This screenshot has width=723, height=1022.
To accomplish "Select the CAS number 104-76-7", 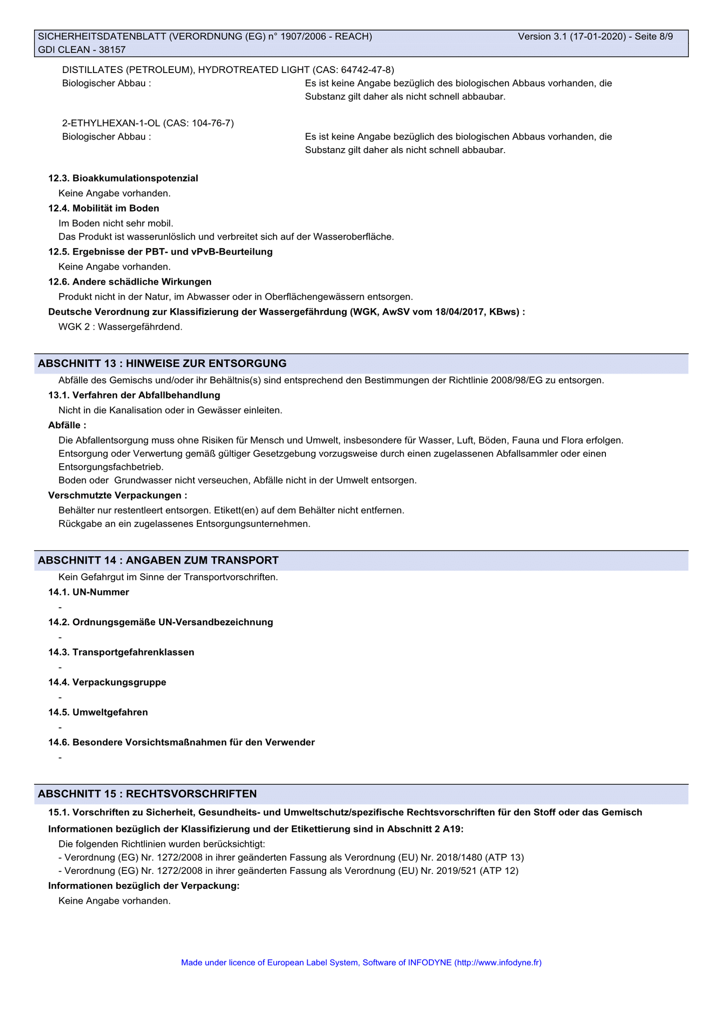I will [x=211, y=123].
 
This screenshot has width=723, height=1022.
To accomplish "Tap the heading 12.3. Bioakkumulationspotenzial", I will [x=123, y=178].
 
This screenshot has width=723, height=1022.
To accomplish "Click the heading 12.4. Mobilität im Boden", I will [x=104, y=208].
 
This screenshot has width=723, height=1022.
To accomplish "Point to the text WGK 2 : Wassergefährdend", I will [x=121, y=327].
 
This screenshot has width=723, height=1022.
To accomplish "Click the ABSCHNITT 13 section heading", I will [x=162, y=363].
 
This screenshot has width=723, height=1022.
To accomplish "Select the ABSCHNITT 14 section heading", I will [x=158, y=560].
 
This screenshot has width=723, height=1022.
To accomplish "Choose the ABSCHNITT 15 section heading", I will [x=147, y=794].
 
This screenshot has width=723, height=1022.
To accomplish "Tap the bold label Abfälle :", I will [x=67, y=425].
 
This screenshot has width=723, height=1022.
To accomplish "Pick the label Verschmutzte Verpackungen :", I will [x=118, y=495].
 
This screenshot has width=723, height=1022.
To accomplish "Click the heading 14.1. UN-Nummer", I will [x=89, y=592].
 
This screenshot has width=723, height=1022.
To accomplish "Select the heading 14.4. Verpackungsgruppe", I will [x=107, y=682].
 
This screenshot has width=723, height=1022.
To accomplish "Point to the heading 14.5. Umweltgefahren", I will [x=98, y=712].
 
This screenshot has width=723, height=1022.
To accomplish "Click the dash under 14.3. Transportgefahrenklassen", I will [x=60, y=668].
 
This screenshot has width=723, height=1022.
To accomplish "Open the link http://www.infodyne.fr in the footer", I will [x=498, y=962].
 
